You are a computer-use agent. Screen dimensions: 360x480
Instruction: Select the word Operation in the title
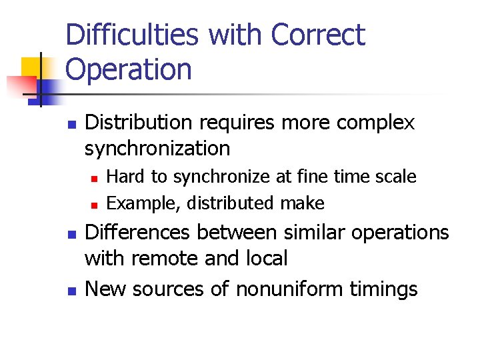pos(129,69)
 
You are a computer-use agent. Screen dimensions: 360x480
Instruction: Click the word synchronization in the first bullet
pos(157,147)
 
